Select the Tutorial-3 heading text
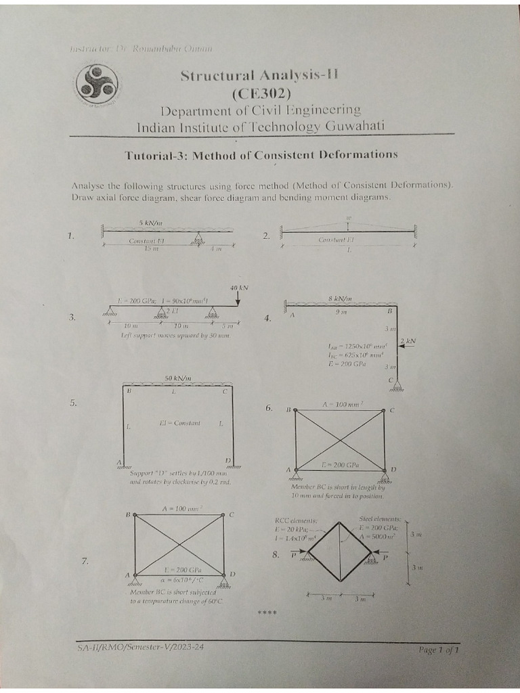pyautogui.click(x=261, y=155)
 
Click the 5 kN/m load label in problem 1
pyautogui.click(x=150, y=223)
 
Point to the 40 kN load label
pyautogui.click(x=239, y=288)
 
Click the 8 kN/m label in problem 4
pyautogui.click(x=340, y=298)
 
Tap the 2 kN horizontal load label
pyautogui.click(x=408, y=340)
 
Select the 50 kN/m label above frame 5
pyautogui.click(x=178, y=378)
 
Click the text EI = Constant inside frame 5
pyautogui.click(x=179, y=423)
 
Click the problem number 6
pyautogui.click(x=269, y=408)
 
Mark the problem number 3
pyautogui.click(x=72, y=317)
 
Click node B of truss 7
pyautogui.click(x=135, y=515)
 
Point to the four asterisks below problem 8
pyautogui.click(x=267, y=613)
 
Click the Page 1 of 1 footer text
pyautogui.click(x=439, y=650)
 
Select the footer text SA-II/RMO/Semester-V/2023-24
pyautogui.click(x=140, y=647)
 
